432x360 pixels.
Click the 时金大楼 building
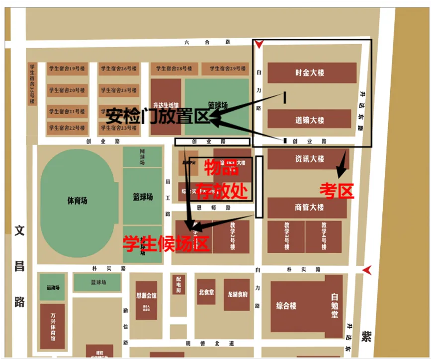click(312, 72)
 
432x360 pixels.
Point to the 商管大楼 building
click(307, 208)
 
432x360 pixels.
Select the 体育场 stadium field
click(77, 201)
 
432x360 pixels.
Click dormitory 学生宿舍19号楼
click(66, 69)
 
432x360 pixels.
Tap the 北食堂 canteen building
click(206, 292)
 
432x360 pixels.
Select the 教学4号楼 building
click(323, 237)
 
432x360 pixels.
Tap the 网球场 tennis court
click(142, 156)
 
